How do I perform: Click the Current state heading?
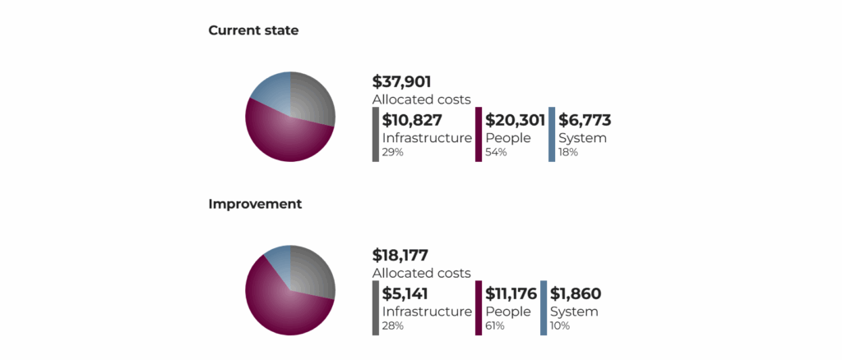coord(253,30)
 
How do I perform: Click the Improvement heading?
coord(255,203)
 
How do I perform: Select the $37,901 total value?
coord(402,81)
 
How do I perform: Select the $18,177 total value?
coord(400,255)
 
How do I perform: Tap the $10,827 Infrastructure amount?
coord(412,120)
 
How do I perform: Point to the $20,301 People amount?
coord(515,120)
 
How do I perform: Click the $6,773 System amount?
coord(585,120)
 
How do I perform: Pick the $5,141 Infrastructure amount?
coord(405,293)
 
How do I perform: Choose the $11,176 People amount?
coord(511,293)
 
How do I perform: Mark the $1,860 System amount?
coord(576,293)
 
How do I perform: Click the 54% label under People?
coord(497,152)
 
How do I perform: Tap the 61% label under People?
coord(495,325)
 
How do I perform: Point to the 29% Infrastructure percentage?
coord(393,152)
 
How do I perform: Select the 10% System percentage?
coord(560,325)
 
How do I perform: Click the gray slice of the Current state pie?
coord(313,97)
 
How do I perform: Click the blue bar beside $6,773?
coord(552,134)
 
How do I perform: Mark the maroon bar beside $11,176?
coord(479,307)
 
